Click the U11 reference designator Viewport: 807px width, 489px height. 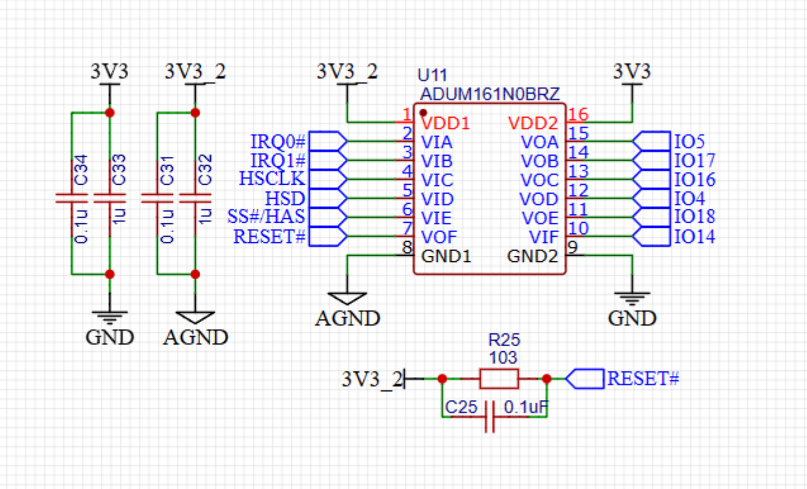432,76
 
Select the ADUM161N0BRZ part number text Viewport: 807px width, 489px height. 489,94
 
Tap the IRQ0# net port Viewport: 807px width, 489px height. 328,141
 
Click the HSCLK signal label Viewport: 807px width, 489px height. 272,178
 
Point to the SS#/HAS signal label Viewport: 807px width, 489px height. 266,217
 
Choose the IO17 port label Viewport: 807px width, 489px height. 694,161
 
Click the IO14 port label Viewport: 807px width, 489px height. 694,237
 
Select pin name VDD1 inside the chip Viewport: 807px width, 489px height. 445,124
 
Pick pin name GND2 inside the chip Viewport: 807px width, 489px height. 532,256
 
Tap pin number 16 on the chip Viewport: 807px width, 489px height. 578,115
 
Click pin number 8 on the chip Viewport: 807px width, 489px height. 407,247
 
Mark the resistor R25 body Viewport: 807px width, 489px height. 499,379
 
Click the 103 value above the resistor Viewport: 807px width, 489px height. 503,358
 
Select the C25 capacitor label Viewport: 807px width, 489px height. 461,407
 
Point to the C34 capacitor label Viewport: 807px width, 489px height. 81,170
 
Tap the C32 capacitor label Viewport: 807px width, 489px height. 205,170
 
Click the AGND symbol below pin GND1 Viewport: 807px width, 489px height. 347,298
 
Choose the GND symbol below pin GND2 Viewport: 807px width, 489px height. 633,298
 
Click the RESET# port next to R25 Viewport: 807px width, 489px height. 585,379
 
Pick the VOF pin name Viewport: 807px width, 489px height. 439,237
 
